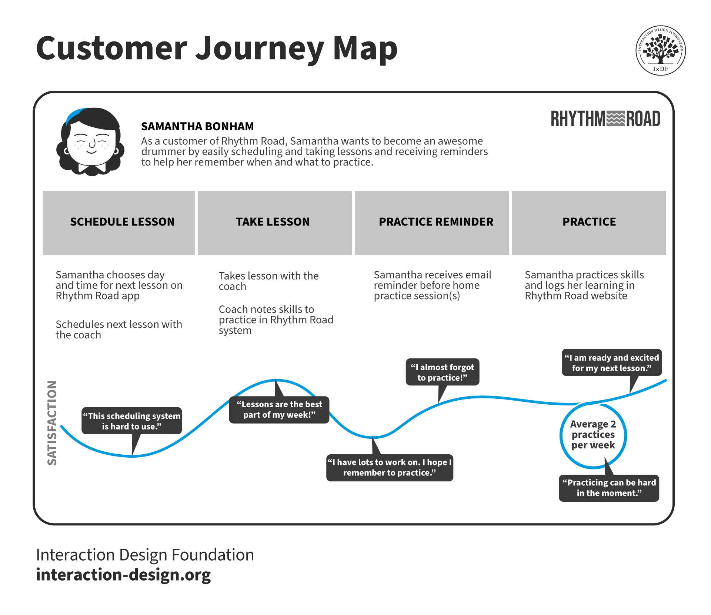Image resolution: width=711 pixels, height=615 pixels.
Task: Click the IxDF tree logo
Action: click(661, 50)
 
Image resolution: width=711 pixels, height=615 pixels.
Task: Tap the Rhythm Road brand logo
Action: click(605, 119)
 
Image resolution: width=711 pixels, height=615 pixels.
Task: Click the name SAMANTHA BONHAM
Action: click(197, 127)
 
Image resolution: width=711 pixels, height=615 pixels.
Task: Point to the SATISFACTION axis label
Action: click(52, 422)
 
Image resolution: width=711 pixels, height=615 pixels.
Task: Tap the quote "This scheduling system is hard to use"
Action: click(131, 421)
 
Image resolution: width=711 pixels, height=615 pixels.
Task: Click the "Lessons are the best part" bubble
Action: click(279, 410)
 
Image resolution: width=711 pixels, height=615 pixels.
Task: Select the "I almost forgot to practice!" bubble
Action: click(442, 372)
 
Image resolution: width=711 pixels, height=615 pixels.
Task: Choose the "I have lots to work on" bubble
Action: click(390, 468)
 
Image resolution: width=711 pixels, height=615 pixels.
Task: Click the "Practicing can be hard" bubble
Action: click(609, 488)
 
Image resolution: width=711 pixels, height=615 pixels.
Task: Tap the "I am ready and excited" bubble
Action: click(612, 363)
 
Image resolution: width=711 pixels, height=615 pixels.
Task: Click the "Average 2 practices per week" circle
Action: click(593, 435)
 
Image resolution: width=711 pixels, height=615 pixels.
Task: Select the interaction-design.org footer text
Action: click(123, 575)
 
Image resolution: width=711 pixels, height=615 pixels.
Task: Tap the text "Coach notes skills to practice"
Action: click(276, 320)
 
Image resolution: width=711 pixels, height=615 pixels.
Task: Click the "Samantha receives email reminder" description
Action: click(432, 285)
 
